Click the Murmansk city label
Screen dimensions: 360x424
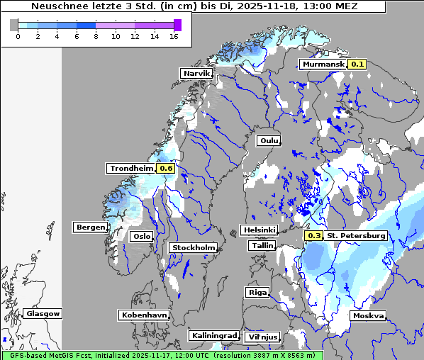pyautogui.click(x=323, y=64)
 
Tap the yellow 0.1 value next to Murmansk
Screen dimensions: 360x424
pyautogui.click(x=357, y=64)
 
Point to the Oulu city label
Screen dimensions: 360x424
pyautogui.click(x=268, y=140)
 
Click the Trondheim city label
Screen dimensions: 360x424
pyautogui.click(x=131, y=169)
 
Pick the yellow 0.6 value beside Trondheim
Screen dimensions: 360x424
pyautogui.click(x=166, y=169)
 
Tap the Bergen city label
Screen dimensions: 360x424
pyautogui.click(x=89, y=227)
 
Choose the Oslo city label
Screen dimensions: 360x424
pyautogui.click(x=142, y=237)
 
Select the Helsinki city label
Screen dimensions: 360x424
pyautogui.click(x=259, y=230)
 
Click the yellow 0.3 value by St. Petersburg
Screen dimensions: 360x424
pyautogui.click(x=313, y=236)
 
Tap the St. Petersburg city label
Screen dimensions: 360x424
pyautogui.click(x=356, y=236)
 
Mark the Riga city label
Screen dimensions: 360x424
pyautogui.click(x=257, y=292)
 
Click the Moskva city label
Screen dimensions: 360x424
pyautogui.click(x=368, y=315)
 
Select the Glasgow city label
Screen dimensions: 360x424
pyautogui.click(x=43, y=313)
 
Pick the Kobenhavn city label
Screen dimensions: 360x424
pyautogui.click(x=144, y=314)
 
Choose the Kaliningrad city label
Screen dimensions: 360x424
pyautogui.click(x=213, y=335)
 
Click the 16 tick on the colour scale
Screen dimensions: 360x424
pyautogui.click(x=173, y=36)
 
